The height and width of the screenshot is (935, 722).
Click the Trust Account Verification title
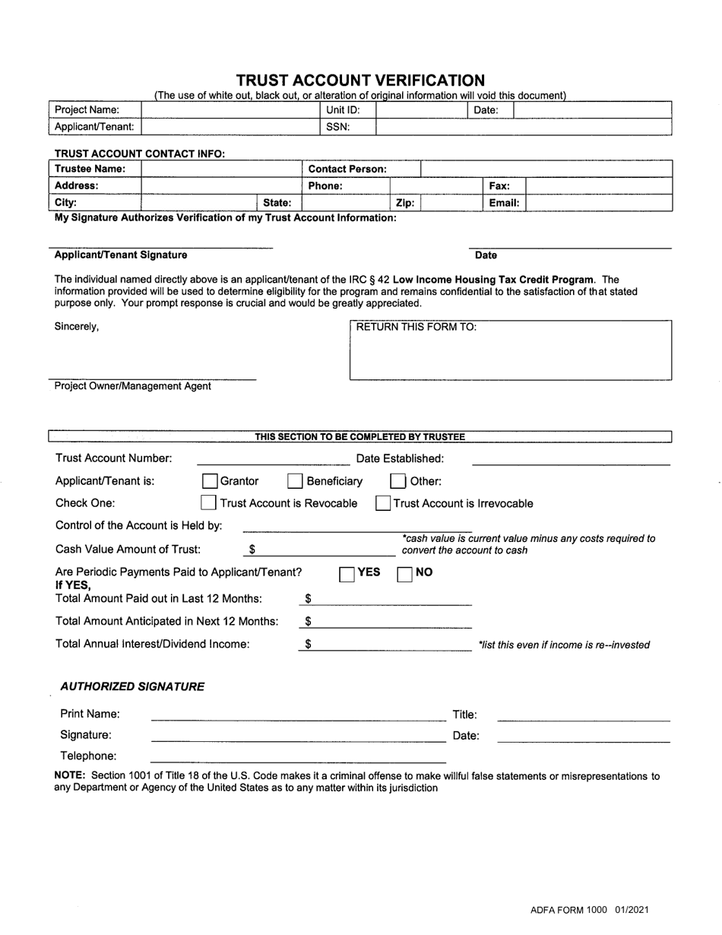point(360,81)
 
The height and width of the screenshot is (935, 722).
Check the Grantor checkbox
point(209,481)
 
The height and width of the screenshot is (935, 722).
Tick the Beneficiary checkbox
point(295,481)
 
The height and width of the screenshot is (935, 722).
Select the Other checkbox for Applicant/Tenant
point(397,481)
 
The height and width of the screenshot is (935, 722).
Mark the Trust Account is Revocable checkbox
point(208,503)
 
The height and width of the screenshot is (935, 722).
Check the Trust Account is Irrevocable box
point(384,503)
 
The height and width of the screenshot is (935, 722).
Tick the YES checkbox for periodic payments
point(347,573)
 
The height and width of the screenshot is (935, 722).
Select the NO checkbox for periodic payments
point(405,573)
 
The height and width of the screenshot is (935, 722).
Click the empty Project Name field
point(229,110)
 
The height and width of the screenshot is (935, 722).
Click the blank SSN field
point(523,127)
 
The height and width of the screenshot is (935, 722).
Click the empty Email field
point(598,203)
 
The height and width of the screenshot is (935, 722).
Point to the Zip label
point(405,203)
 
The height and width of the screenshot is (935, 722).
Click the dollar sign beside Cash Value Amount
point(252,550)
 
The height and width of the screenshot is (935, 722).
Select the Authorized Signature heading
point(132,686)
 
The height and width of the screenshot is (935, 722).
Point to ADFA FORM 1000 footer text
point(590,910)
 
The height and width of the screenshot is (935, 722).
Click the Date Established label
point(400,458)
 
